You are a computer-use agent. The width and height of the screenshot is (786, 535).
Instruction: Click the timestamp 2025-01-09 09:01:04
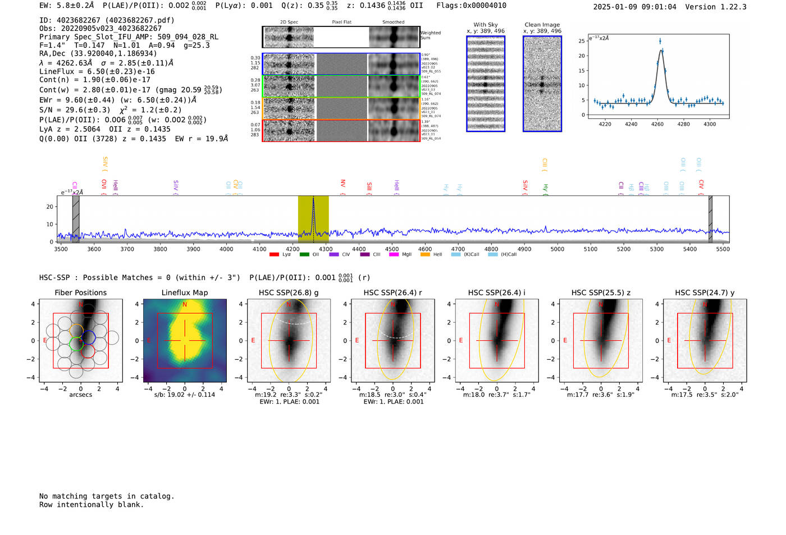tap(634, 7)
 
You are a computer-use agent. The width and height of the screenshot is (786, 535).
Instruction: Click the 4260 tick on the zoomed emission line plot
tap(657, 124)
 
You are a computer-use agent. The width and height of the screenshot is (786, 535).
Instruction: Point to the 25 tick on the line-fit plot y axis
tap(582, 41)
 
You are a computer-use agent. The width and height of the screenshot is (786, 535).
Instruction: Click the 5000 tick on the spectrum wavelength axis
tap(557, 249)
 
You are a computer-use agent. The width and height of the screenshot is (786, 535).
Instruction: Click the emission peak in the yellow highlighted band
tap(313, 200)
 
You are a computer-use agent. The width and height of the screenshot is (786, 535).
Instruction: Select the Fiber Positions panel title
tap(80, 292)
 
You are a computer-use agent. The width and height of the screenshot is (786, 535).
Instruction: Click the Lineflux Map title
tap(184, 292)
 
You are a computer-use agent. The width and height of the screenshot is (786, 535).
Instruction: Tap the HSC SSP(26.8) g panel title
tap(289, 292)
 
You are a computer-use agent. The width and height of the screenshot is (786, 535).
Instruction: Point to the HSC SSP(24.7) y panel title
tap(705, 292)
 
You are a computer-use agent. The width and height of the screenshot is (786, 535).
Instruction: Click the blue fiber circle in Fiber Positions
tap(88, 337)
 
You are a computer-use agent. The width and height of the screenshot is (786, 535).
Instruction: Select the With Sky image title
tap(486, 25)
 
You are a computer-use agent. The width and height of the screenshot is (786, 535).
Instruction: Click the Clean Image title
tap(542, 25)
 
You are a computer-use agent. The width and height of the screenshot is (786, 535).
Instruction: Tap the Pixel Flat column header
tap(341, 22)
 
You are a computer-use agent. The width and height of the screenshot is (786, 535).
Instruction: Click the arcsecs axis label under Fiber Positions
tap(80, 395)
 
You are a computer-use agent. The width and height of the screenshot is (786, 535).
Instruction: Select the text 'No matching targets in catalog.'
tap(107, 496)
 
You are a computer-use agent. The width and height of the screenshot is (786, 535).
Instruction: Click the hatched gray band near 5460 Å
tap(710, 219)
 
